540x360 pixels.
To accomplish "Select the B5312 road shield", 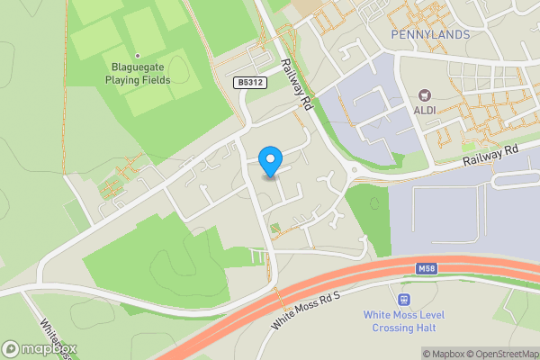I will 252,82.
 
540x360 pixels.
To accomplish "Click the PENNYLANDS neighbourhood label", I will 431,34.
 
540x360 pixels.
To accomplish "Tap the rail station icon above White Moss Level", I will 403,299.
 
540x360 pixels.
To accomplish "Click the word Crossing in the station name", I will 391,328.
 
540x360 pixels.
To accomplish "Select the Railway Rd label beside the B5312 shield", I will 296,84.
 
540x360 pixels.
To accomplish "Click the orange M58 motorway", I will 342,278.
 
